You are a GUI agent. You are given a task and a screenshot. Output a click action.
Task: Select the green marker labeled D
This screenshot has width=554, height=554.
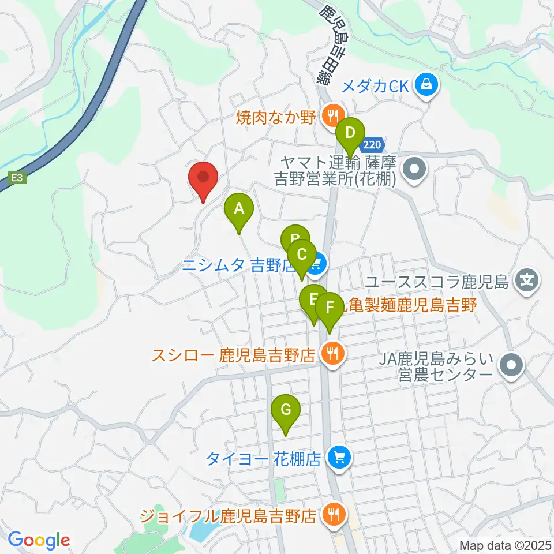[350, 133]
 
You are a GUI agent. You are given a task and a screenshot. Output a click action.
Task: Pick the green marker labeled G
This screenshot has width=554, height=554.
[285, 410]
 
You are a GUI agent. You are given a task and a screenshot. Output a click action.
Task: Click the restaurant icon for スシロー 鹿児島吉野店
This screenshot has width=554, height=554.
[332, 353]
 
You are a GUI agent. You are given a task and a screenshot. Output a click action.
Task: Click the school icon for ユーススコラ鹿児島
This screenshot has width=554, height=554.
[527, 282]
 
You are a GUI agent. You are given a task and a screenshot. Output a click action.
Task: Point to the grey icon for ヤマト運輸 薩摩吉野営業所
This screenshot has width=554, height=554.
[414, 170]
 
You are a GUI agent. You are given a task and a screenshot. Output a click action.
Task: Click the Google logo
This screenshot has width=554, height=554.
[39, 540]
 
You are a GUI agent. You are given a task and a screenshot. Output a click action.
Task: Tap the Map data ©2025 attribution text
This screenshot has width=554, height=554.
[504, 545]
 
